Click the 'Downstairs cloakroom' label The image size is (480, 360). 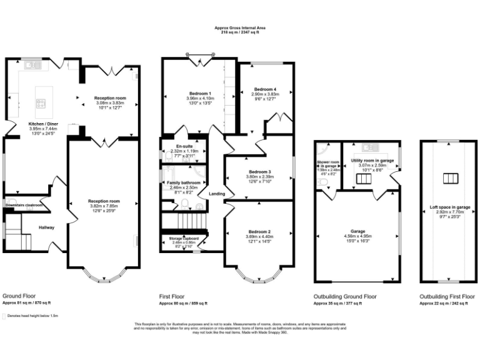(x=24, y=204)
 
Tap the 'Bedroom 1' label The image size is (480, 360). (x=200, y=94)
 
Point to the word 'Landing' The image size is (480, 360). (x=217, y=194)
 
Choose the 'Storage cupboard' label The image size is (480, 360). (x=184, y=238)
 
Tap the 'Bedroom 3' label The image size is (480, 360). (x=259, y=171)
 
